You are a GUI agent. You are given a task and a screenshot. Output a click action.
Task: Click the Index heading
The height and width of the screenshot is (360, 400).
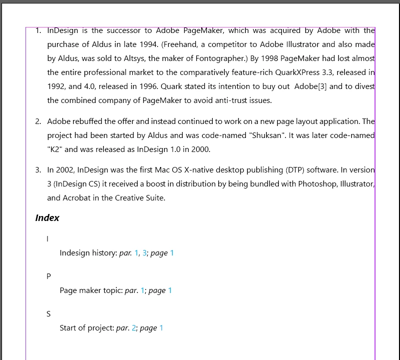[x=47, y=218]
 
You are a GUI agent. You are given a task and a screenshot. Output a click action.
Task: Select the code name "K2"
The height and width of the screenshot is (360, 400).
[x=55, y=149]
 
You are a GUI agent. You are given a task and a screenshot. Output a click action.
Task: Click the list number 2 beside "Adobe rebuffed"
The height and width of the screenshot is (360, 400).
[x=38, y=121]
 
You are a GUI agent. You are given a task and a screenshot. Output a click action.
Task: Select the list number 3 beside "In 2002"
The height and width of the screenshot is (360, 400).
[x=38, y=169]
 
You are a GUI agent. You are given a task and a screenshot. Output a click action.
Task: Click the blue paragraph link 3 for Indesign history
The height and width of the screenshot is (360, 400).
[x=145, y=253]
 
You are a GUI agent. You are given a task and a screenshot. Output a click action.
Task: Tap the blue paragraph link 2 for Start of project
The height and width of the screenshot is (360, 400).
[x=134, y=328]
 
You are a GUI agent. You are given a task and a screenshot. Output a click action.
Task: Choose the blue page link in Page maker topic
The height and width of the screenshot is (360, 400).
[x=170, y=290]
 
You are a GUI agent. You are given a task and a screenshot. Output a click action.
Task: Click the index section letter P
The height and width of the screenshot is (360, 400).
[x=49, y=276]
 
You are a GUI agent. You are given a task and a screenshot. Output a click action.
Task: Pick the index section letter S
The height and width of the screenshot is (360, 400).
[x=49, y=314]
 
